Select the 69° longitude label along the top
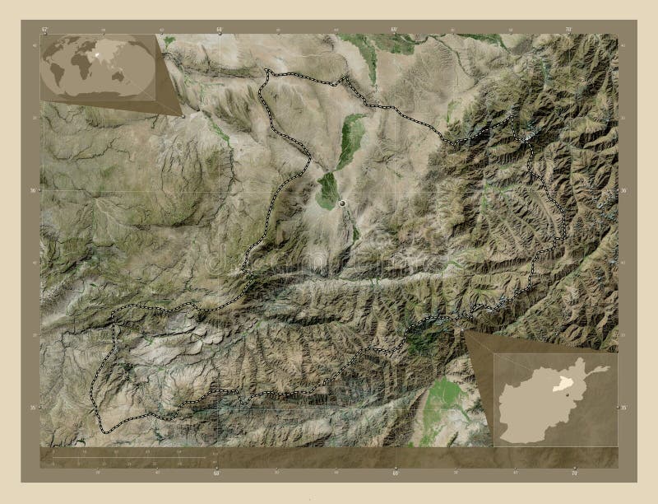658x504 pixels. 394,29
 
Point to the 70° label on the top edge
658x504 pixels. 568,29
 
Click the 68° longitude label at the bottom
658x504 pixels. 217,474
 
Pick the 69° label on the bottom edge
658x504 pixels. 396,474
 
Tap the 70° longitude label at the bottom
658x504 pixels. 573,474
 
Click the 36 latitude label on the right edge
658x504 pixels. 624,190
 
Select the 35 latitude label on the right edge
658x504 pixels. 624,408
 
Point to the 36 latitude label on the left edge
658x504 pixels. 34,190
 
